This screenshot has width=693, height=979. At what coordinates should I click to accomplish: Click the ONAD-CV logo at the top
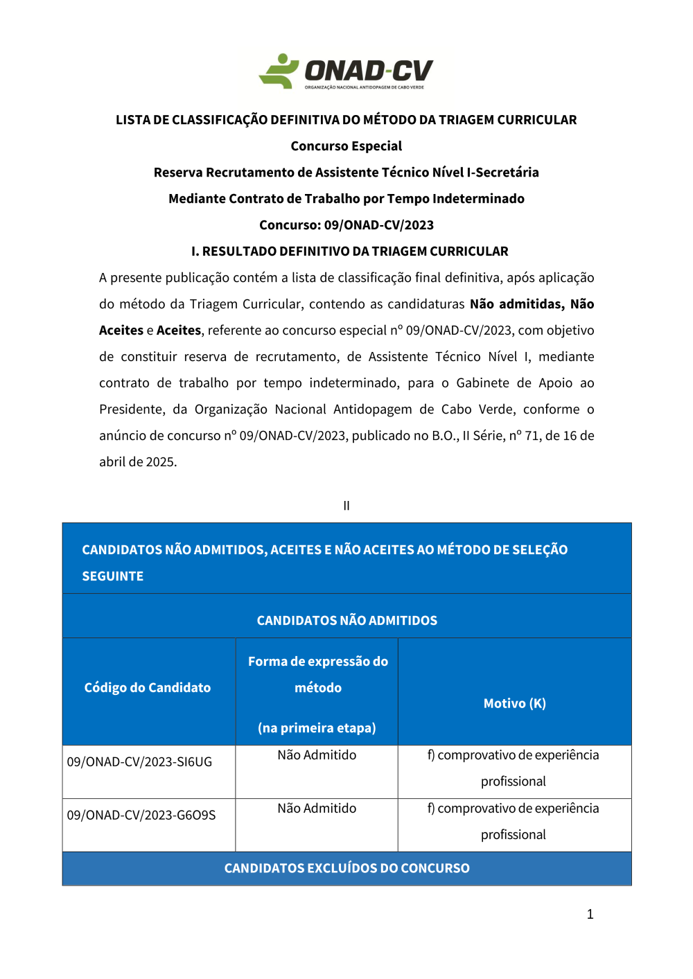[x=346, y=71]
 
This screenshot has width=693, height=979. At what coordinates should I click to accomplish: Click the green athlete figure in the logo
[x=279, y=71]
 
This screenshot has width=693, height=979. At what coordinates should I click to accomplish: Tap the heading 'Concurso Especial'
[x=346, y=146]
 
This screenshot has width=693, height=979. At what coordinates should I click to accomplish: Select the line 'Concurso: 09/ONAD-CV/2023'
[x=346, y=225]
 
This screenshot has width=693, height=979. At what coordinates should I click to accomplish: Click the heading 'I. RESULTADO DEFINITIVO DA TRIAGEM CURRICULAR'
[x=350, y=252]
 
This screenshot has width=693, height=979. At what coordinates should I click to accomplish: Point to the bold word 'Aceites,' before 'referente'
[x=179, y=330]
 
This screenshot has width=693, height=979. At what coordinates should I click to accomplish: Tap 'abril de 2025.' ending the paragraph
[x=138, y=462]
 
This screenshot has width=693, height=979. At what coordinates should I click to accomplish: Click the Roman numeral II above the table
[x=346, y=506]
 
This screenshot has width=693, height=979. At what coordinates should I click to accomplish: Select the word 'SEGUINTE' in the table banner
[x=113, y=576]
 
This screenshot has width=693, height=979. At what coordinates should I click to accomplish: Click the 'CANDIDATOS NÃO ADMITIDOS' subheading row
[x=347, y=621]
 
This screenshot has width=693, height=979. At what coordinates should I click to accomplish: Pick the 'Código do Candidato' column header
[x=148, y=688]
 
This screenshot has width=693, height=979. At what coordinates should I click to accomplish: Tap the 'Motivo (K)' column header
[x=515, y=704]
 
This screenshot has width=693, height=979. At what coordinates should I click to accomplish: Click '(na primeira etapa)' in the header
[x=317, y=728]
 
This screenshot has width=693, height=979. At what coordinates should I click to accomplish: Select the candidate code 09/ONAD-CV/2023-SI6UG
[x=139, y=762]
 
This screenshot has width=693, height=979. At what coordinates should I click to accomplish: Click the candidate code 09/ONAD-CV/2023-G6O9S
[x=141, y=815]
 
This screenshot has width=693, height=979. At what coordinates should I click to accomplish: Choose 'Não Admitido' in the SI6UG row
[x=317, y=755]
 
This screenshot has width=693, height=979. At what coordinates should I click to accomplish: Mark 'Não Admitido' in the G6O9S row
[x=317, y=809]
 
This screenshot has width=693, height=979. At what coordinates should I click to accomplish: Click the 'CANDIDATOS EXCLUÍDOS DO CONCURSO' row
[x=347, y=869]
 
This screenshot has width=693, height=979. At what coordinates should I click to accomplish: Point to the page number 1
[x=590, y=915]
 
